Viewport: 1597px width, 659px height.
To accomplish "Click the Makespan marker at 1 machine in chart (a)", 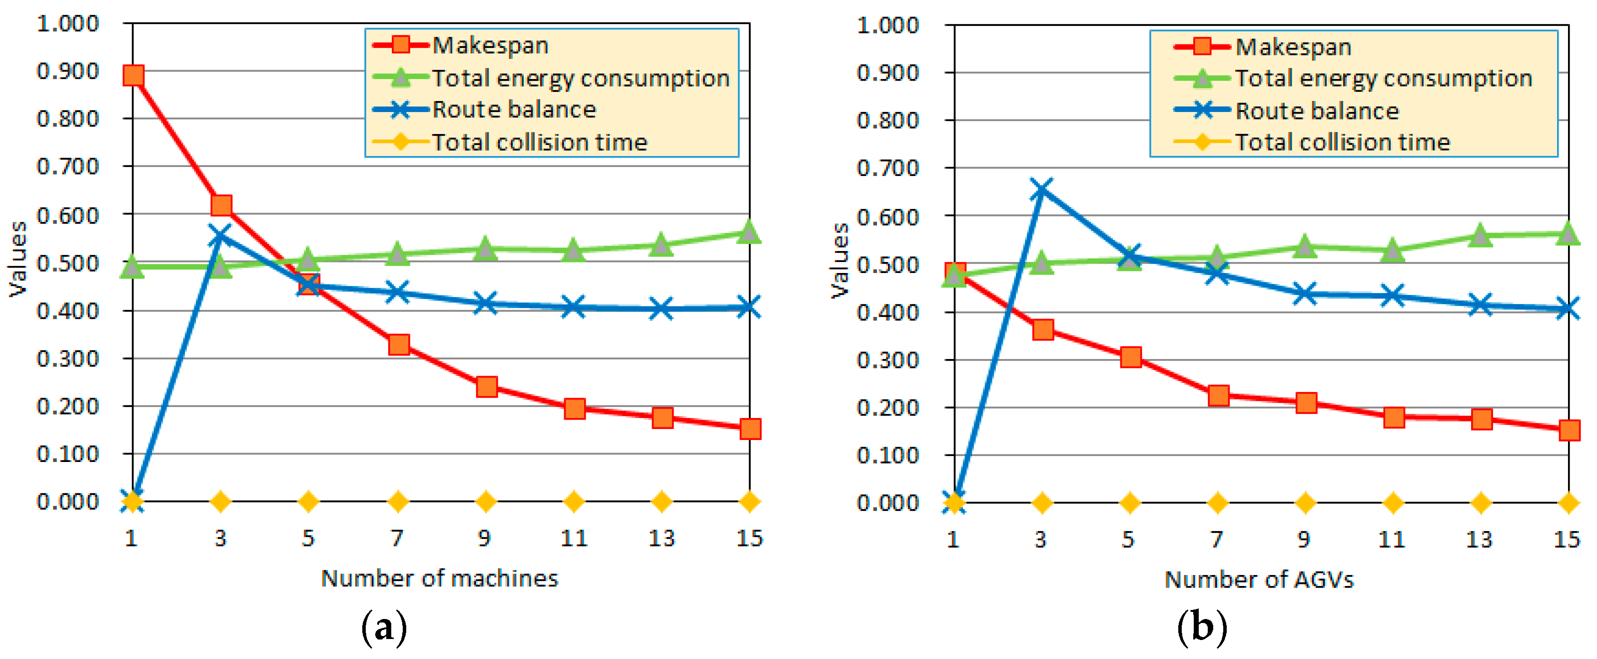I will pos(133,75).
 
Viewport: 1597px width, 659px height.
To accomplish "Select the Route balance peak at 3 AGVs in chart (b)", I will pos(1041,189).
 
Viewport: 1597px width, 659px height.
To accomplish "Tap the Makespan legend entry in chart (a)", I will pos(490,45).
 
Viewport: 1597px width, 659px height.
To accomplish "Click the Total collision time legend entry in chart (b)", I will pos(1342,142).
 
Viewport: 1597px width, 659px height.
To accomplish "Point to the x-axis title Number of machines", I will pos(440,578).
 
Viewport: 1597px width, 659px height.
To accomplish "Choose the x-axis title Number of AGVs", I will pos(1259,579).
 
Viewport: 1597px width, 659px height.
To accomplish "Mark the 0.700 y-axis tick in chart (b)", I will pos(887,168).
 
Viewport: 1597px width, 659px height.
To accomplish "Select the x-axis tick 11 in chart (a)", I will pos(574,538).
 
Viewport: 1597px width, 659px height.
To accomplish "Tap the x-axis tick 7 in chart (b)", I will pos(1217,539).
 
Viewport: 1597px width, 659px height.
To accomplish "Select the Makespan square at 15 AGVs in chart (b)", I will pos(1569,429).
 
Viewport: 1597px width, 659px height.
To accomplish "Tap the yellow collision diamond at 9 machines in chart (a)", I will pos(485,501).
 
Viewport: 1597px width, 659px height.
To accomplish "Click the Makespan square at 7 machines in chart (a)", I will pos(399,344).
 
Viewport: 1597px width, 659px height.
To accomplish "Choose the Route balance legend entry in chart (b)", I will pos(1316,111).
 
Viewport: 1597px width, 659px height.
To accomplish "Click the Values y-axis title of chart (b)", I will pos(840,260).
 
